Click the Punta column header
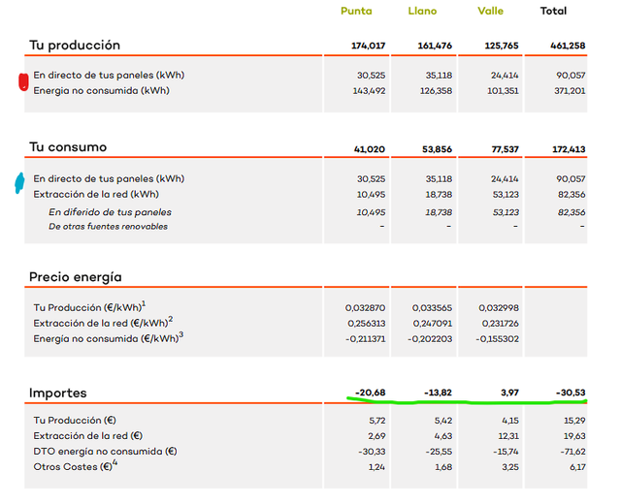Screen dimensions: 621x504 (x=356, y=11)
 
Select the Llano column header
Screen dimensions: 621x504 (x=422, y=11)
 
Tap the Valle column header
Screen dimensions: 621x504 (x=490, y=11)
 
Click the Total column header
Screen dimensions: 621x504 (x=553, y=11)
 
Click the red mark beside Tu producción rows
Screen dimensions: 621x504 (x=23, y=81)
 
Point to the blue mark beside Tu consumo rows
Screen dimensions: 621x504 (x=19, y=183)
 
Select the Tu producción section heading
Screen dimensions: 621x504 (x=75, y=46)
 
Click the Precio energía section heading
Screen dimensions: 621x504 (x=76, y=277)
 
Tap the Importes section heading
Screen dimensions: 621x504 (x=58, y=393)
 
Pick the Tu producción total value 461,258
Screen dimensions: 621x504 (x=568, y=46)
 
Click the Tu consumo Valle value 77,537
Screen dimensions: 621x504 (x=505, y=149)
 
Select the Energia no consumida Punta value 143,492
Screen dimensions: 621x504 (x=369, y=90)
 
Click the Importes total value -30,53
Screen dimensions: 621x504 (x=571, y=393)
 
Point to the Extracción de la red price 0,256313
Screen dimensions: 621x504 (x=367, y=324)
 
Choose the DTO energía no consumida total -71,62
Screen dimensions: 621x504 (x=572, y=452)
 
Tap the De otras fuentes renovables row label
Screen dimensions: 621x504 (x=108, y=227)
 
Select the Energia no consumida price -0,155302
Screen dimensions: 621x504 (x=497, y=339)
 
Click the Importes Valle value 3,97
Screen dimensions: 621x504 (x=509, y=393)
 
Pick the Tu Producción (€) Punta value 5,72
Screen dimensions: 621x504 (x=376, y=421)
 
